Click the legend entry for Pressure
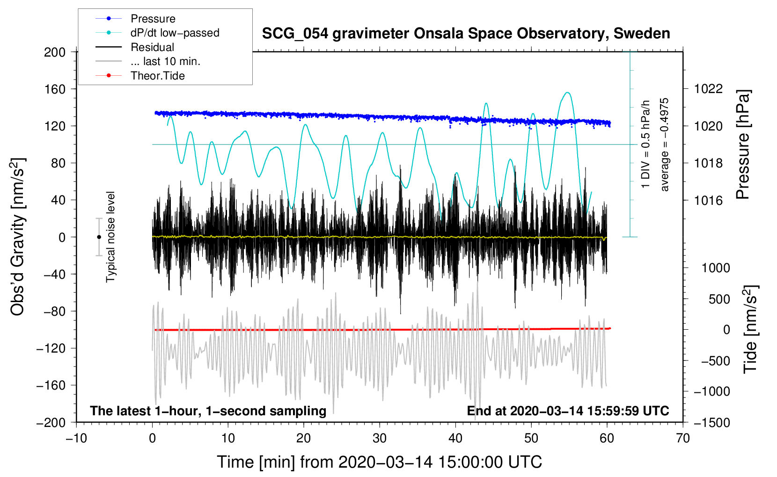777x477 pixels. [x=153, y=19]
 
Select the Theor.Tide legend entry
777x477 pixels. [x=157, y=76]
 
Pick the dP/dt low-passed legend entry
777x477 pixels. [x=175, y=33]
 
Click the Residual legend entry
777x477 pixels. [x=152, y=47]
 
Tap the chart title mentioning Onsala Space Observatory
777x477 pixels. [x=466, y=34]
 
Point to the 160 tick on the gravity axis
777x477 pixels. [x=55, y=89]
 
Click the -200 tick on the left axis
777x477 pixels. [x=51, y=422]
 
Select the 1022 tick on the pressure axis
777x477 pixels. [x=708, y=89]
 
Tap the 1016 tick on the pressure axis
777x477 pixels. [x=708, y=200]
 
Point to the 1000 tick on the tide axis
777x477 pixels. [x=715, y=268]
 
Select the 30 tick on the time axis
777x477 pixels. [x=380, y=438]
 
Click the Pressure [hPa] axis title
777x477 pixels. [x=743, y=145]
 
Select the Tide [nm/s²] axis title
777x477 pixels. [x=750, y=329]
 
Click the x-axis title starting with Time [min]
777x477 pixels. [x=379, y=462]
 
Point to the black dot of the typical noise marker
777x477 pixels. [x=99, y=237]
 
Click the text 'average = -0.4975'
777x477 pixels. [x=665, y=145]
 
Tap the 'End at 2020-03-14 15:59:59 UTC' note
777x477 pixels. [x=568, y=411]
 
